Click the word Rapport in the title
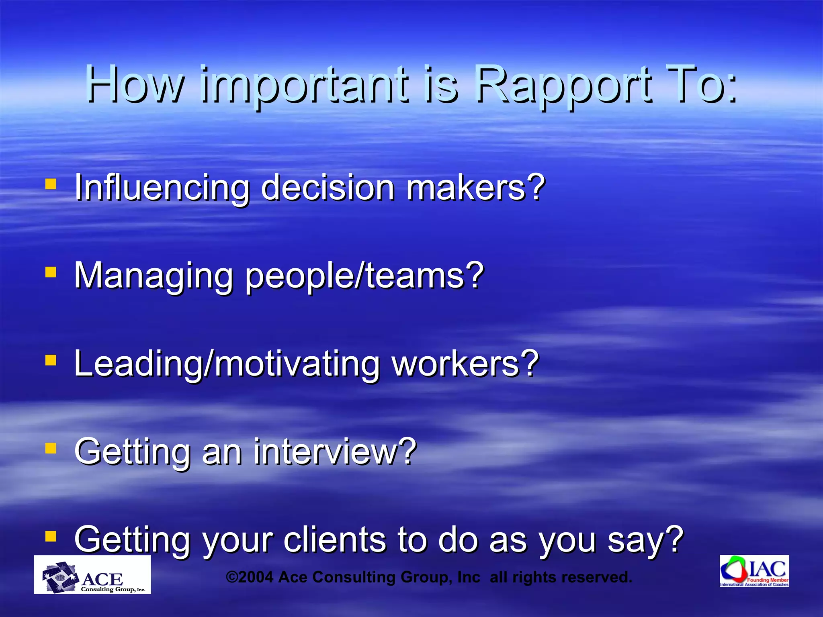(563, 85)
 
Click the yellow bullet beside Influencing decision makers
(51, 184)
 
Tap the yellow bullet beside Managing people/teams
(51, 273)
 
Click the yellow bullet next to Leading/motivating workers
(51, 360)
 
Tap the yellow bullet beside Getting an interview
(51, 448)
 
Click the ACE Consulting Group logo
(92, 575)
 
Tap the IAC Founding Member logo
(754, 571)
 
